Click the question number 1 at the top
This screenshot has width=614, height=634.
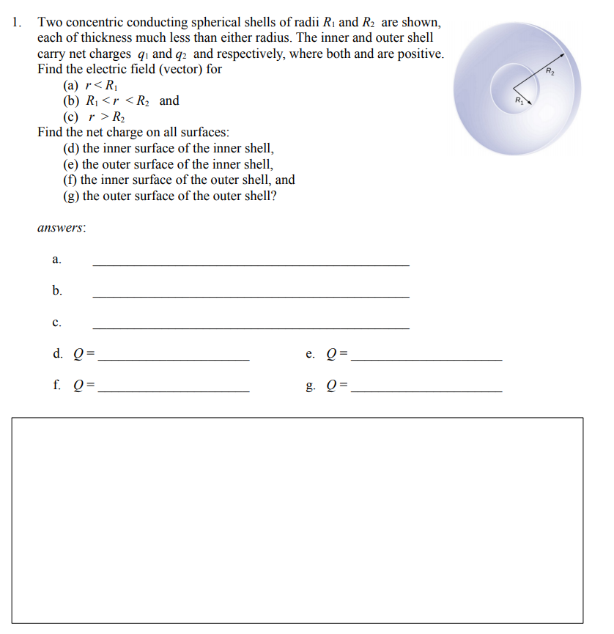pyautogui.click(x=17, y=22)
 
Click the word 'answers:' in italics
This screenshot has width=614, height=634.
pyautogui.click(x=62, y=227)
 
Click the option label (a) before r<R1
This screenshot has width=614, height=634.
pyautogui.click(x=73, y=85)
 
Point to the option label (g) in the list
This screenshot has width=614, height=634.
pyautogui.click(x=72, y=196)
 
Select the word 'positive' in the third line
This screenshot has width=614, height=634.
pyautogui.click(x=418, y=54)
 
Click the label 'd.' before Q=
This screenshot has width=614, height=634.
pyautogui.click(x=57, y=354)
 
